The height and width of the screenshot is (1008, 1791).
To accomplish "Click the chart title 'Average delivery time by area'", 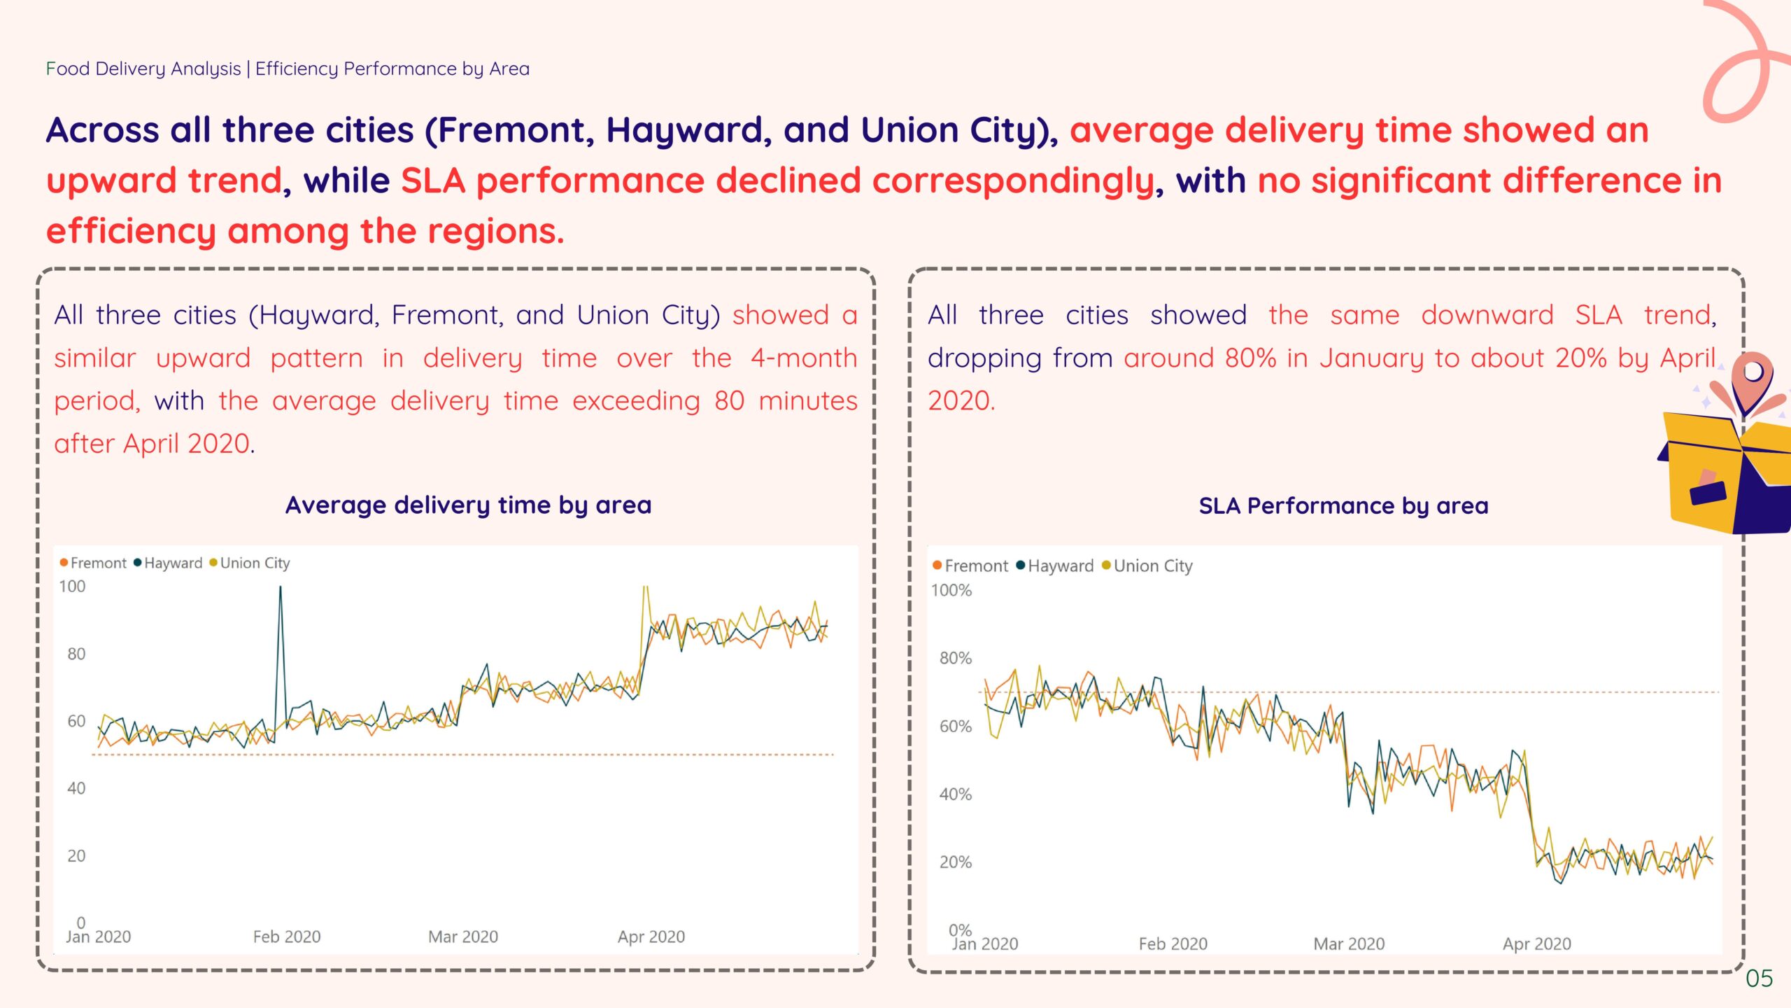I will (468, 505).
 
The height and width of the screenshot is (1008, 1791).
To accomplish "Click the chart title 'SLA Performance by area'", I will (1343, 505).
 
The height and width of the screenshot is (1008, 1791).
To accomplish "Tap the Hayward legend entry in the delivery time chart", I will (172, 563).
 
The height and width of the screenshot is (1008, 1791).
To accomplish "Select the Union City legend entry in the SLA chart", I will (1152, 566).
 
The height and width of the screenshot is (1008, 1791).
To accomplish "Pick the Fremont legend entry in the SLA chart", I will (975, 566).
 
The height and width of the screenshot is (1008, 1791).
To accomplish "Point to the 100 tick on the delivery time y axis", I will (72, 587).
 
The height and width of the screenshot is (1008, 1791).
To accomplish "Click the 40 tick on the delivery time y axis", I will (76, 788).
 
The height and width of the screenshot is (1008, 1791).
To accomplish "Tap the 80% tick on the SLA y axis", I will (955, 658).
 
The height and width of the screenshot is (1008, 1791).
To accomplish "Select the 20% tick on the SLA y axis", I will (955, 862).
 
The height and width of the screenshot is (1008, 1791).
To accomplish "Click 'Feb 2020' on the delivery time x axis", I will (287, 937).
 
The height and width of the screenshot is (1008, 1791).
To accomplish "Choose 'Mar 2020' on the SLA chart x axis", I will (1349, 944).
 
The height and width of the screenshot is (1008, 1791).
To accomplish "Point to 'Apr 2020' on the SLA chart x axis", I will (1536, 944).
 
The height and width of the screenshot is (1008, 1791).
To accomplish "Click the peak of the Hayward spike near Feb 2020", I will (281, 588).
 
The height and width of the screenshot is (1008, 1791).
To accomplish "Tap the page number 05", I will (1759, 978).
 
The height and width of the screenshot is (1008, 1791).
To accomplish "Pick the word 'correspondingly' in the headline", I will (1012, 181).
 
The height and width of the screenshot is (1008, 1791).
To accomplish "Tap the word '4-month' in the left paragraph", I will (804, 358).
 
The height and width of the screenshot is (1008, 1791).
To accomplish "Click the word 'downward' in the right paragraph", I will (1487, 315).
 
